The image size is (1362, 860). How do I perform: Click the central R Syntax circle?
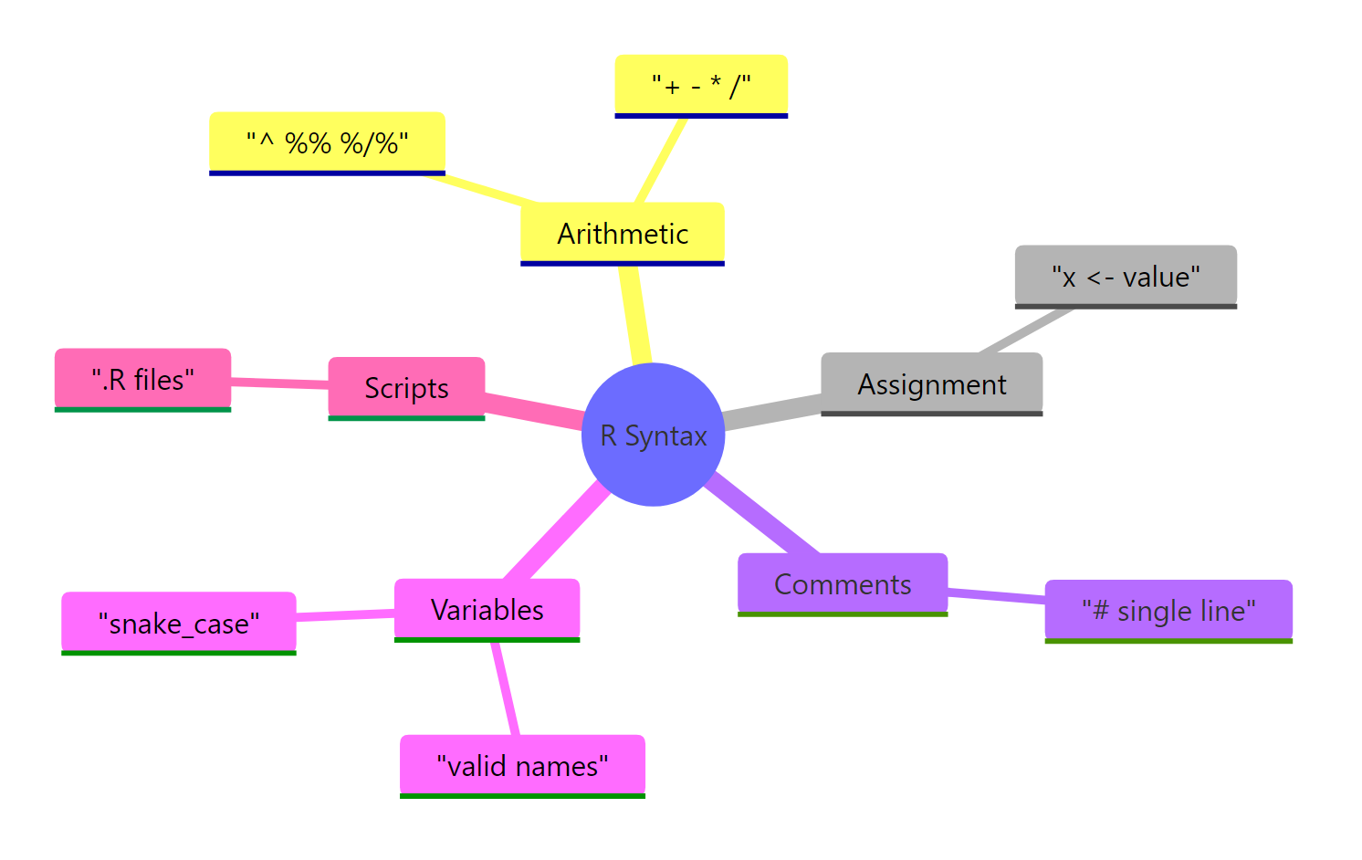click(653, 435)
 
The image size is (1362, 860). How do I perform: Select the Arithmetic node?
click(622, 234)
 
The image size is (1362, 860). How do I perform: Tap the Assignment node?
click(931, 384)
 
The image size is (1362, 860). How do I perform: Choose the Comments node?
click(842, 584)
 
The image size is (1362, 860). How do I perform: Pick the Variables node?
click(487, 610)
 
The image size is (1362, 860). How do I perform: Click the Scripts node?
click(406, 388)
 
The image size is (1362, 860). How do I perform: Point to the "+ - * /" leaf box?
click(700, 86)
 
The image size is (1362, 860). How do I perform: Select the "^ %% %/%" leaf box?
click(327, 143)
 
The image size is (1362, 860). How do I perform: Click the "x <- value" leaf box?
click(1125, 277)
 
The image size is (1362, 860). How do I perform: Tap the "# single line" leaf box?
click(1168, 611)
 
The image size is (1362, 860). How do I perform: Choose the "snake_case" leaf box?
click(178, 624)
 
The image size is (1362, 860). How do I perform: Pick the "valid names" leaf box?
click(522, 766)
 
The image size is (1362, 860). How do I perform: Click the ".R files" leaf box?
click(142, 380)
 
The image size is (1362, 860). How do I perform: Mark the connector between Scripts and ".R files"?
click(279, 383)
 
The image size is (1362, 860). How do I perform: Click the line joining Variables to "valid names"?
click(506, 688)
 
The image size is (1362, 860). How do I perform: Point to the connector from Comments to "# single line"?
click(996, 596)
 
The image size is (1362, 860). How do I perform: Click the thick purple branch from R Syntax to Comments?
click(763, 514)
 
